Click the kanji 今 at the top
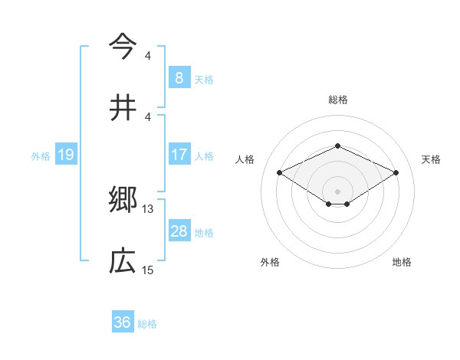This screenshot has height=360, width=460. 123,47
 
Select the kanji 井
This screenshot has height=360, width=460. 123,106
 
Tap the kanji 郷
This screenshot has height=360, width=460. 123,200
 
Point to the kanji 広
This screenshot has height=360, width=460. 123,261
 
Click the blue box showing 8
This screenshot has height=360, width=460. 179,77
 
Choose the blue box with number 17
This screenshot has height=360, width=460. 179,155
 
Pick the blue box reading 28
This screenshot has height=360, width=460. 179,231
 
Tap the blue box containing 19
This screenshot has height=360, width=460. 65,155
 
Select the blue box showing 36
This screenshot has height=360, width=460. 122,322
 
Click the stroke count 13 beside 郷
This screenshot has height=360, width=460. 148,208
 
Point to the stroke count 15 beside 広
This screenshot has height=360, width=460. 148,270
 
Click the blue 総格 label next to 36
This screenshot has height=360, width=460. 147,324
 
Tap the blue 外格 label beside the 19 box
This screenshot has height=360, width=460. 41,155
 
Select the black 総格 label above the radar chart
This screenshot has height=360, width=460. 337,100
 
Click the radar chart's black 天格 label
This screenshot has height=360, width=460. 431,159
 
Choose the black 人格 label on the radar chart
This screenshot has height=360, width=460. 245,159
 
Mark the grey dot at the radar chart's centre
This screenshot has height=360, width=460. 337,191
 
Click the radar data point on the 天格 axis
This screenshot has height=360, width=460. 396,172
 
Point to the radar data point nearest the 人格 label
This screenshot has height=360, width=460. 279,172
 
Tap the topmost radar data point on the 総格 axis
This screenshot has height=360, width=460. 337,146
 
